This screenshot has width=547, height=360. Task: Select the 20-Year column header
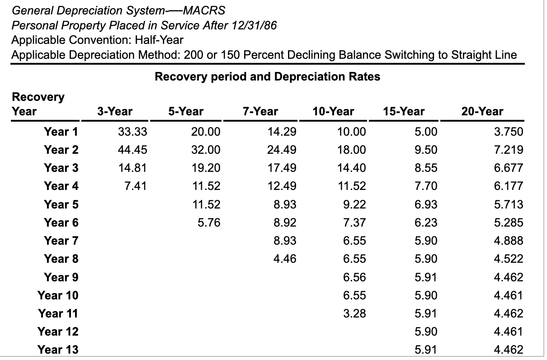click(x=482, y=111)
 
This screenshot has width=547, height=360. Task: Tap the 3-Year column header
click(x=115, y=111)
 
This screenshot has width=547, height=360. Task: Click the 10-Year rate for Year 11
click(x=355, y=313)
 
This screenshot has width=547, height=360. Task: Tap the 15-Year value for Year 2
click(x=426, y=150)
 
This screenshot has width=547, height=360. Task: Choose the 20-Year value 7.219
click(x=509, y=150)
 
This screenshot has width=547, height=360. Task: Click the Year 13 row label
click(x=58, y=350)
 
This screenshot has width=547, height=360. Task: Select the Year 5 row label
click(x=61, y=204)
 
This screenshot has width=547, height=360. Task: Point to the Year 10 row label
click(x=58, y=295)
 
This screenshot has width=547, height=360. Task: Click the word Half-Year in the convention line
click(x=159, y=40)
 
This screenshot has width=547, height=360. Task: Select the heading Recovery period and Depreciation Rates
click(x=267, y=76)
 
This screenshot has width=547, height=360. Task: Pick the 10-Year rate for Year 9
click(x=355, y=277)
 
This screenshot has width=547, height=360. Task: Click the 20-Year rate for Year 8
click(x=509, y=259)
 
